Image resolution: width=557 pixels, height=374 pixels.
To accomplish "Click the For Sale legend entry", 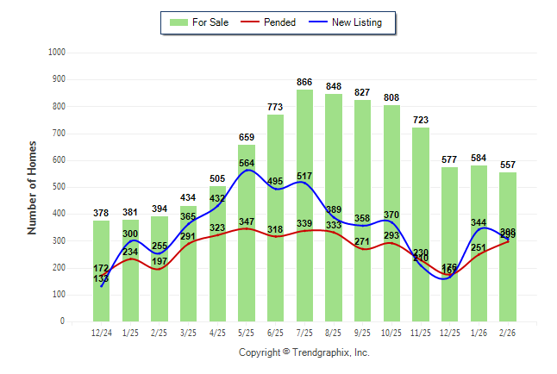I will [x=200, y=22].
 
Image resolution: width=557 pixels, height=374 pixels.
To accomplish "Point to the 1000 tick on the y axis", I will [x=58, y=53].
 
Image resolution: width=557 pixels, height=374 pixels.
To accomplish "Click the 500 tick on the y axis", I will [x=59, y=187].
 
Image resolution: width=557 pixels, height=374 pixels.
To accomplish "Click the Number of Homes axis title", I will [x=33, y=187].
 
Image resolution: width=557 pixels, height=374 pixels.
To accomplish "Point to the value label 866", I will [x=304, y=82].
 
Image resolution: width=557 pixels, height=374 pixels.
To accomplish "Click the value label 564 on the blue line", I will [x=247, y=164].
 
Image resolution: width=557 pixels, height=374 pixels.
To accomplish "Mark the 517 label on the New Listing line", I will [x=304, y=177].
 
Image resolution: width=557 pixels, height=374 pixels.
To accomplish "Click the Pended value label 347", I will [x=247, y=222].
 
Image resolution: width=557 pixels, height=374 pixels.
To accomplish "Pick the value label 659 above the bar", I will [x=247, y=137].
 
